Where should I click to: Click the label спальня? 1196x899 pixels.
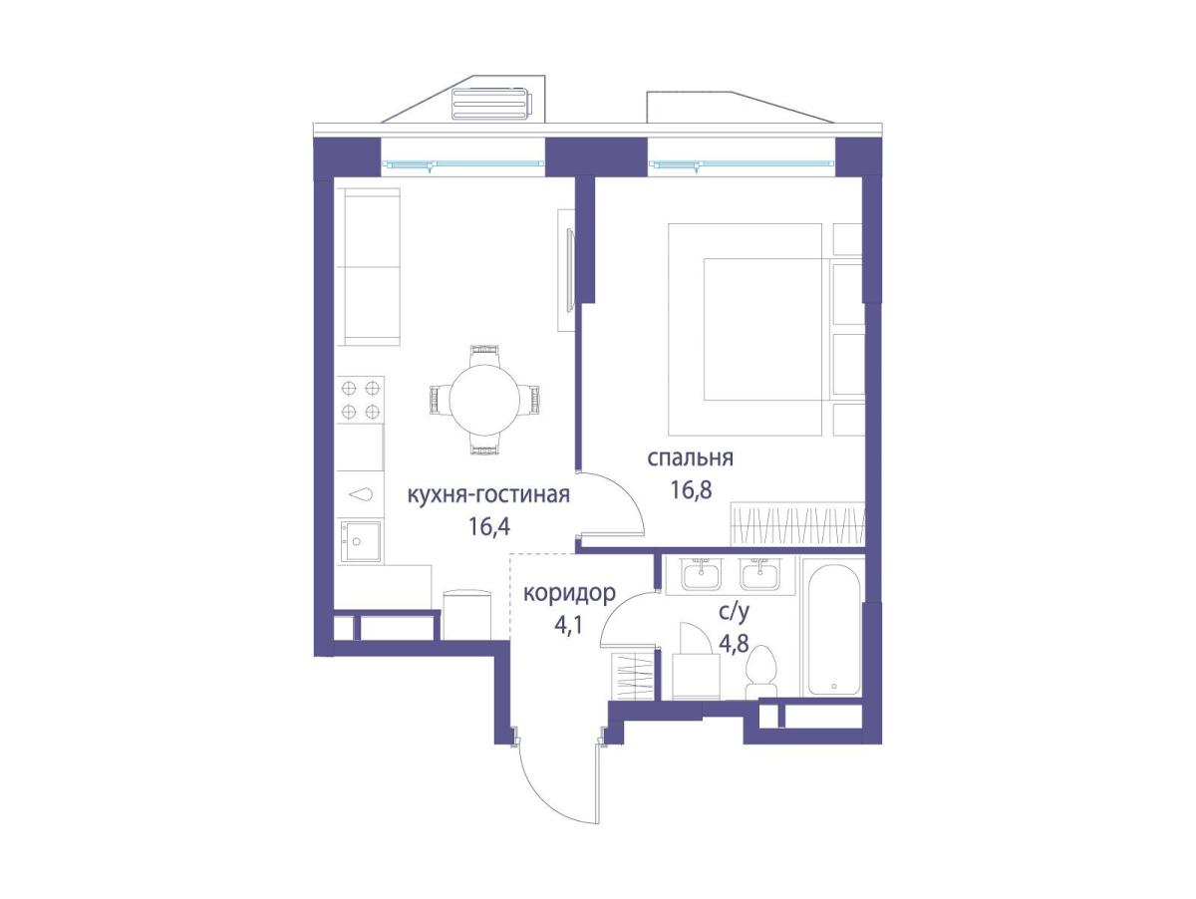tap(690, 459)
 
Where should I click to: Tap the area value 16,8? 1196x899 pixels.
tap(691, 491)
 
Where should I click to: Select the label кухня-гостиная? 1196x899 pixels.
tap(488, 495)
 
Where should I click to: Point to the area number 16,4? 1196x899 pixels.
tap(488, 527)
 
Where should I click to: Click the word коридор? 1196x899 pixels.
tap(569, 593)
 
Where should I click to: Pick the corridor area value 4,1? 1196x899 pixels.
tap(568, 626)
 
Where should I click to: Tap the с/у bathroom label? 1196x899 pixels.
tap(734, 613)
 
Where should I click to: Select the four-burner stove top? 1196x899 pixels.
tap(360, 400)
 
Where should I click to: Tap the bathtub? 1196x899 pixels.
tap(833, 629)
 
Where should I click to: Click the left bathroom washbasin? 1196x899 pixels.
tap(701, 574)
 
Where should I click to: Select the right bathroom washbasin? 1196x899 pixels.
tap(759, 574)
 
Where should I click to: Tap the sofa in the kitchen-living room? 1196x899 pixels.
tap(368, 267)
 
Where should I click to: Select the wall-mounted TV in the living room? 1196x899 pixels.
tap(569, 271)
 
